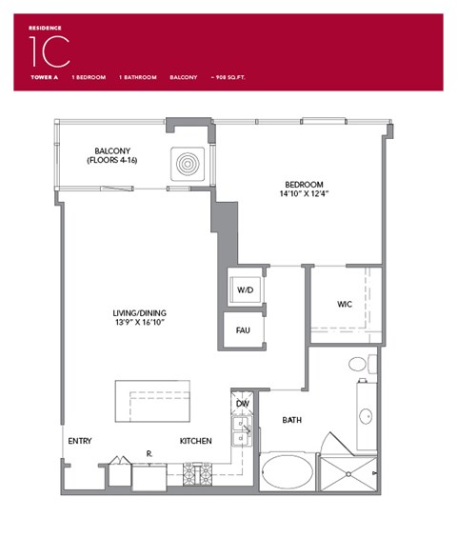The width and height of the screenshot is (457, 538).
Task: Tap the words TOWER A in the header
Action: pos(42,77)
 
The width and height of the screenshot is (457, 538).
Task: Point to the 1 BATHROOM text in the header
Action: pos(137,77)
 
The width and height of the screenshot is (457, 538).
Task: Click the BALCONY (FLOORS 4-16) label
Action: pos(119,154)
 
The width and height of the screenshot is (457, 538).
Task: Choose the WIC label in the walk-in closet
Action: pos(346,306)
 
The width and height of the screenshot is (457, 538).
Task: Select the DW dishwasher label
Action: pos(243,404)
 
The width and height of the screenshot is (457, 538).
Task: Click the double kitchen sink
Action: pos(242,431)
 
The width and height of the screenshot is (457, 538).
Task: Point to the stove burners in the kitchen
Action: pos(201,472)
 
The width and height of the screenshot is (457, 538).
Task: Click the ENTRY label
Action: pos(80,441)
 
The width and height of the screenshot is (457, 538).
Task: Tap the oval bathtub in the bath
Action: pos(287,472)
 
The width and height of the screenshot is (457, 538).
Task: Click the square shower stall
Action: pos(349,473)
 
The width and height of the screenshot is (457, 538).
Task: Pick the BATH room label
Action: pos(292,419)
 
